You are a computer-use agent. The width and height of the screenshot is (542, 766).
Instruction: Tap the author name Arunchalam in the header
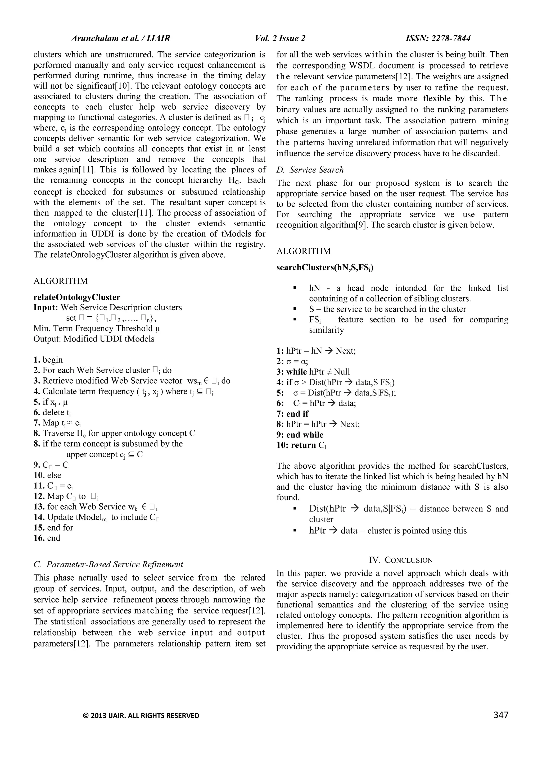pyautogui.click(x=91, y=39)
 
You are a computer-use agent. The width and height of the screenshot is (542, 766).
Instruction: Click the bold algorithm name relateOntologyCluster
pyautogui.click(x=77, y=297)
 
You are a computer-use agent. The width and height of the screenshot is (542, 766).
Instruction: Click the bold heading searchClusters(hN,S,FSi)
pyautogui.click(x=325, y=268)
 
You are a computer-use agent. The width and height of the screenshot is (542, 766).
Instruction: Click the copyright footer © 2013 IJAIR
pyautogui.click(x=141, y=716)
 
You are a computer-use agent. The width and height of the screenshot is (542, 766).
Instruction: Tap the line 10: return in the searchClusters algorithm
pyautogui.click(x=301, y=445)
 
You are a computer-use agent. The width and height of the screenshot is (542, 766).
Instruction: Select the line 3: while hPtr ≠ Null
pyautogui.click(x=313, y=372)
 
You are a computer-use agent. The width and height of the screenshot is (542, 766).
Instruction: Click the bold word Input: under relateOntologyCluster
pyautogui.click(x=46, y=307)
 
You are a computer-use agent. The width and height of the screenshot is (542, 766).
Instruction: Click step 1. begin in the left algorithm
pyautogui.click(x=48, y=360)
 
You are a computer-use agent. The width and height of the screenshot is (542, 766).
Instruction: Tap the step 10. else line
pyautogui.click(x=47, y=475)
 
